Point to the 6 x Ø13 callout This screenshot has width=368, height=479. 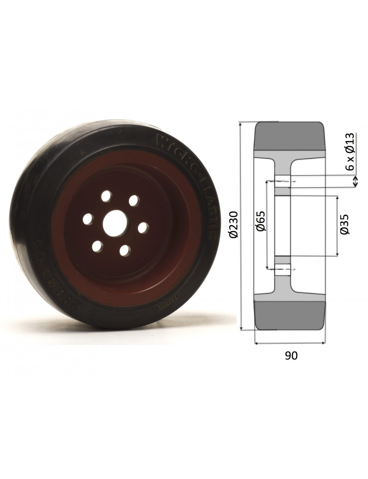349,151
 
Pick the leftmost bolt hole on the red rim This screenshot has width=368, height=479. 88,219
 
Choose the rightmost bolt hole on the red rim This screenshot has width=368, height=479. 143,227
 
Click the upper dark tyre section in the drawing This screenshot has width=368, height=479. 290,136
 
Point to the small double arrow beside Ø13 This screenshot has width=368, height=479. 355,181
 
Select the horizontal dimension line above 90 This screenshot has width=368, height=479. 290,343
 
